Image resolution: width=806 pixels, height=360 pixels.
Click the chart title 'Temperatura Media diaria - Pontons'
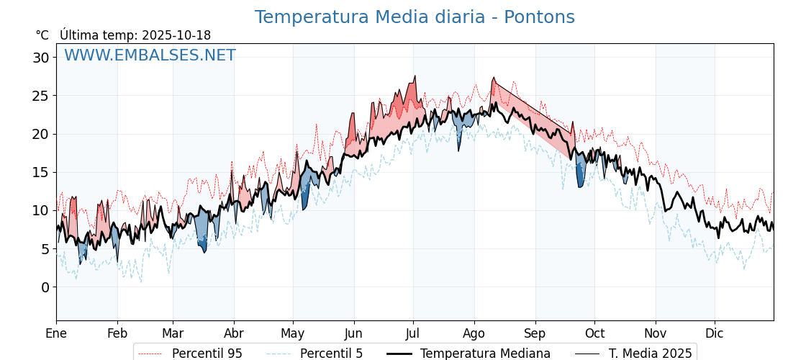point(415,17)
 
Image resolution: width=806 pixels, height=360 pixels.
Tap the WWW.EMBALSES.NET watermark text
point(150,55)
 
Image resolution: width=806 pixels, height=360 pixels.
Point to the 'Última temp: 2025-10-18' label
point(135,35)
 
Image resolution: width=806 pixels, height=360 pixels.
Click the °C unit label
point(42,35)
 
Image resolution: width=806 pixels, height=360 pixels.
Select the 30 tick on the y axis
point(41,58)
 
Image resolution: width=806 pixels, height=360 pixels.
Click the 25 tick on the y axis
point(41,96)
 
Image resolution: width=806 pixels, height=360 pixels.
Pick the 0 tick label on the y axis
point(45,287)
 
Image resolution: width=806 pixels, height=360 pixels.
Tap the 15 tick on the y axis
point(41,172)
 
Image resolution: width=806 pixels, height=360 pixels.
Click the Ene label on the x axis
point(56,333)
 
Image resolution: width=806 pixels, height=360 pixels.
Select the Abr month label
point(234,333)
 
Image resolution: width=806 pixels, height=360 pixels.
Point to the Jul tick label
point(413,333)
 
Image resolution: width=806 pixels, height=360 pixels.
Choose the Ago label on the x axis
point(474,333)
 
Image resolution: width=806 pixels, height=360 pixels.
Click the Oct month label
point(594,333)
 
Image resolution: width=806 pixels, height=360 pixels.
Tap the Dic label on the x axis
point(715,333)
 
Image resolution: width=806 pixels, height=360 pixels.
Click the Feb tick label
point(117,333)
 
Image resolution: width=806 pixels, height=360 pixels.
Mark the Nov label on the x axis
point(656,333)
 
